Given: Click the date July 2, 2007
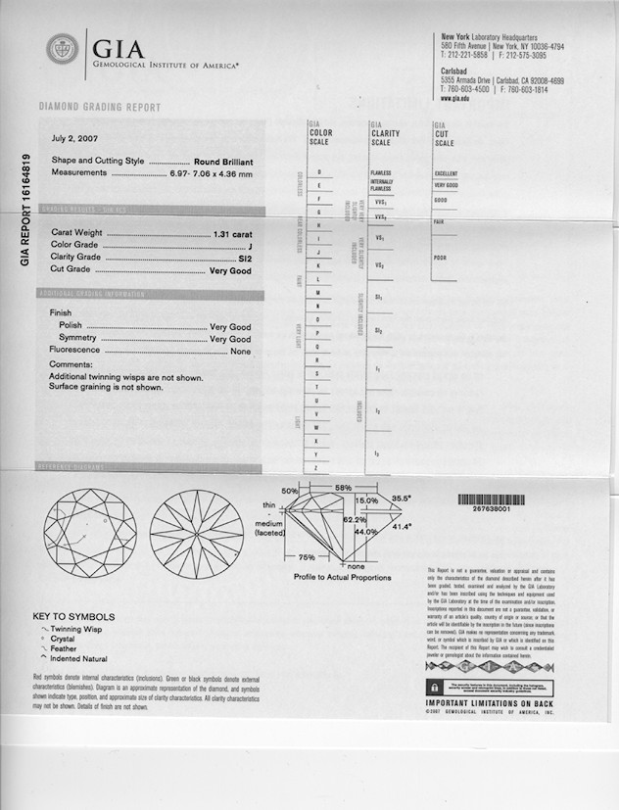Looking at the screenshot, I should pos(74,139).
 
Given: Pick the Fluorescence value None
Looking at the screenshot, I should pos(240,350).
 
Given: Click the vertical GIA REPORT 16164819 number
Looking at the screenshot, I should pos(25,211).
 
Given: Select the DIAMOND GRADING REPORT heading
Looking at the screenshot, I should pos(100,107).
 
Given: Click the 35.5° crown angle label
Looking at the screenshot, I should pos(401,498).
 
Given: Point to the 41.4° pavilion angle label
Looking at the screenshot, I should pos(402,527).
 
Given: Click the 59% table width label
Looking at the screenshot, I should pos(343,487).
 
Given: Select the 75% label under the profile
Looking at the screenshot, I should pos(306,557).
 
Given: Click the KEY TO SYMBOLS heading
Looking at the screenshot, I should pos(73,617).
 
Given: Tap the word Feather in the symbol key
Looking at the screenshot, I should pos(65,648).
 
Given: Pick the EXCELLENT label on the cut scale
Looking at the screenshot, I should pos(446,173).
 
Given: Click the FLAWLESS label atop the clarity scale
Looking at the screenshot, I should pos(381,172).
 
